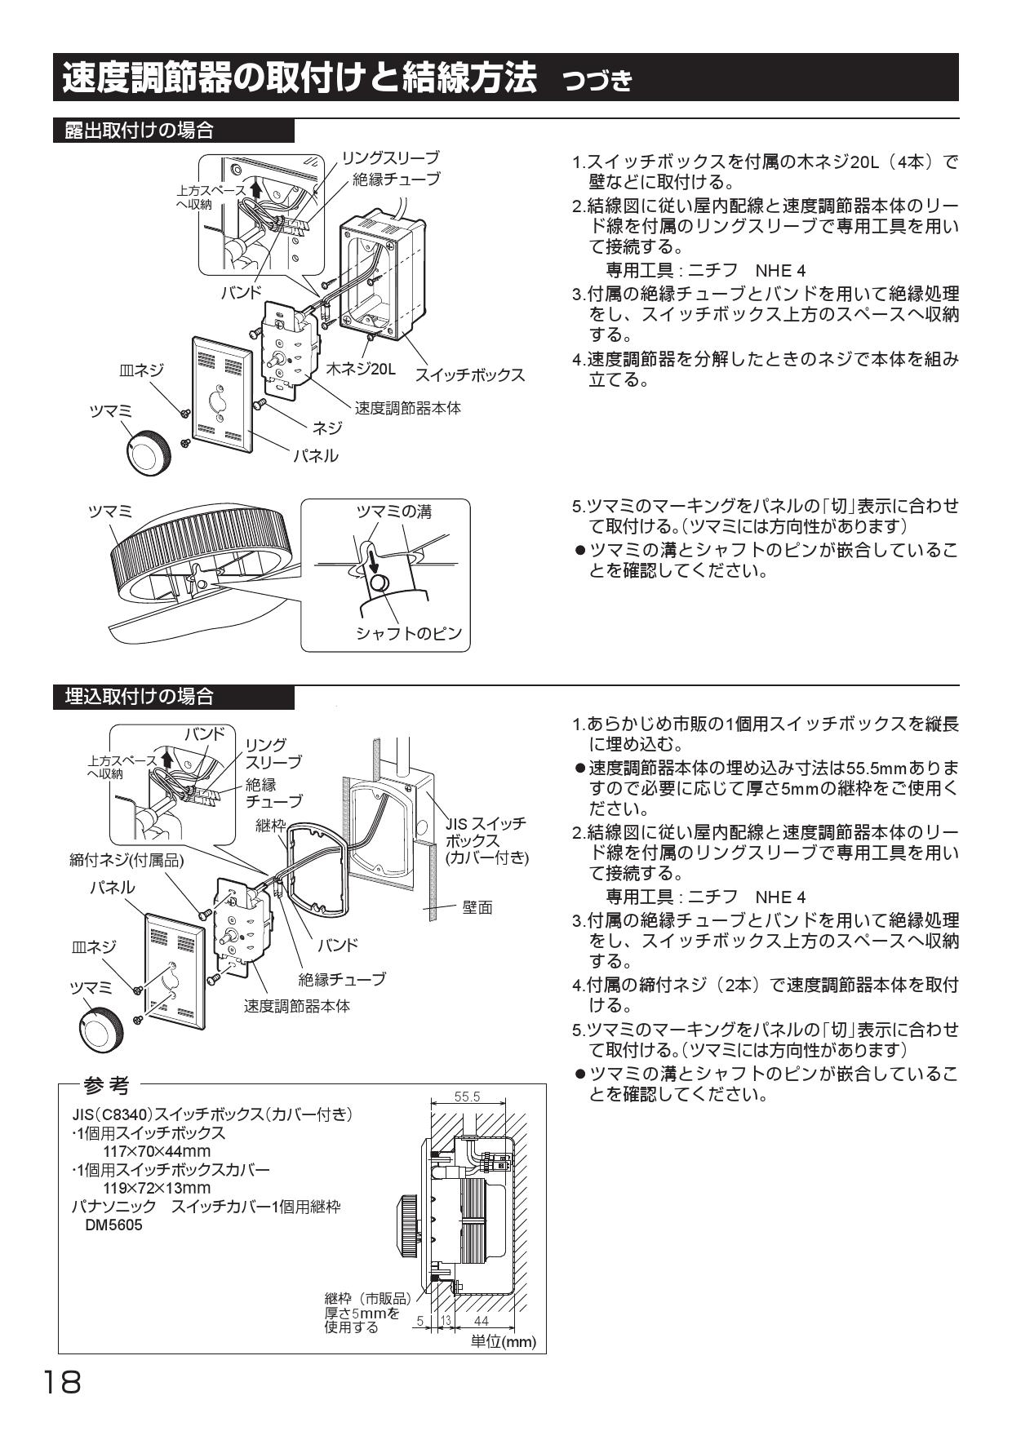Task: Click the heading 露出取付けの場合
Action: (140, 131)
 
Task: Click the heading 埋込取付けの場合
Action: (140, 697)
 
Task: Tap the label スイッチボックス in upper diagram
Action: (469, 375)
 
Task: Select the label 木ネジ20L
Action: (361, 370)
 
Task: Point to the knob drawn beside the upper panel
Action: (151, 448)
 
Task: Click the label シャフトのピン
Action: (408, 633)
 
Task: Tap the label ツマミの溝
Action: (393, 512)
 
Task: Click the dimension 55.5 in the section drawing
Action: (467, 1097)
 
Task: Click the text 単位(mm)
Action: (504, 1342)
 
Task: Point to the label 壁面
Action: (477, 907)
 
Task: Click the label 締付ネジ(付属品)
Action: (126, 860)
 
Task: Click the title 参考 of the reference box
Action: (106, 1086)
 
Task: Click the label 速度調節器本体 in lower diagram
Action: (297, 1006)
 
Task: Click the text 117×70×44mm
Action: (157, 1151)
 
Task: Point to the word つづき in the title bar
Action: (597, 81)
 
